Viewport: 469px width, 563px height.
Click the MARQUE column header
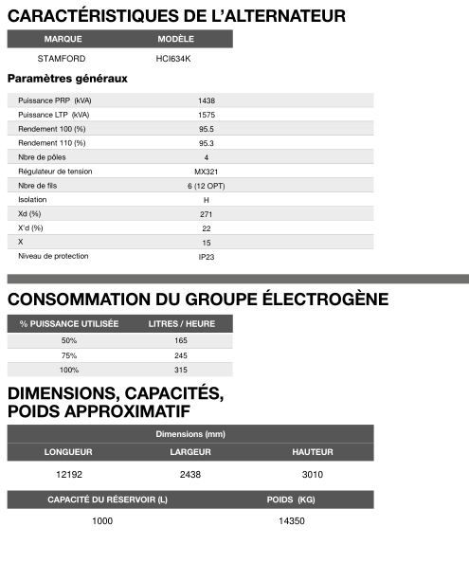[63, 39]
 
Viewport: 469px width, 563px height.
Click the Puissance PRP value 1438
[206, 100]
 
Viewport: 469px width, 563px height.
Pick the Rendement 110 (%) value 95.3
[206, 143]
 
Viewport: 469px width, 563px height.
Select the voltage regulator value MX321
[206, 172]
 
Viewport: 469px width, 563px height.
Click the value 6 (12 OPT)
[206, 186]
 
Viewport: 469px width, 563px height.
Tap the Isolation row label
[32, 200]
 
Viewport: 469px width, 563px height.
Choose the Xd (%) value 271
[206, 214]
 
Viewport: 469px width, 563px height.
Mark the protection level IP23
[206, 257]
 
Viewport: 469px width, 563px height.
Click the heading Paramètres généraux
[67, 79]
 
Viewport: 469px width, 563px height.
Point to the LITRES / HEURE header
[181, 324]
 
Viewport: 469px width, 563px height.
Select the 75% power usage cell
[69, 355]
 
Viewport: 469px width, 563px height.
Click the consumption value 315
[181, 370]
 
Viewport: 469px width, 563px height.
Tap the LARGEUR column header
[189, 452]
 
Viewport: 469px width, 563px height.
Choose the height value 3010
[312, 473]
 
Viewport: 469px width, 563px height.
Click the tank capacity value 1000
[101, 520]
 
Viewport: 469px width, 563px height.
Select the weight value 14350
[291, 520]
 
